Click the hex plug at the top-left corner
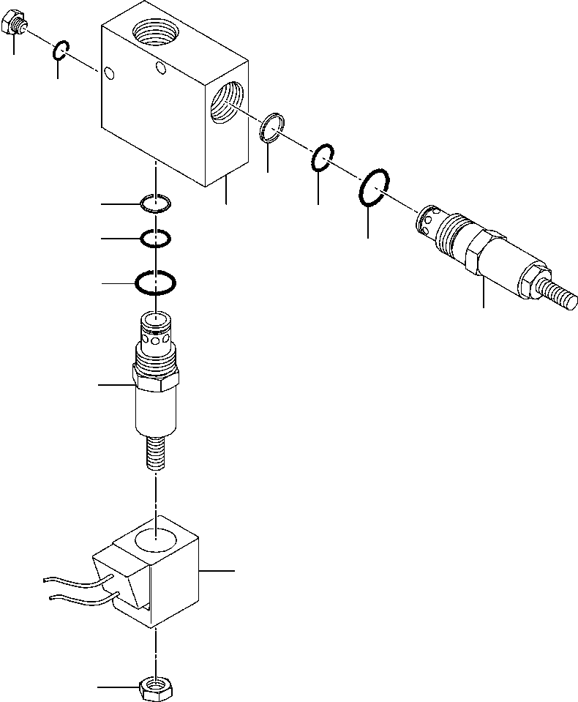(14, 26)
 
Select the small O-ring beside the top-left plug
(61, 51)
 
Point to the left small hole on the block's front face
(109, 72)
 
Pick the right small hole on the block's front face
(162, 68)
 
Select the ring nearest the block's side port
(272, 127)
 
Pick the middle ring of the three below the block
(156, 238)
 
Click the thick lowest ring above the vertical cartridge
(155, 281)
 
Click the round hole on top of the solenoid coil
(157, 542)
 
